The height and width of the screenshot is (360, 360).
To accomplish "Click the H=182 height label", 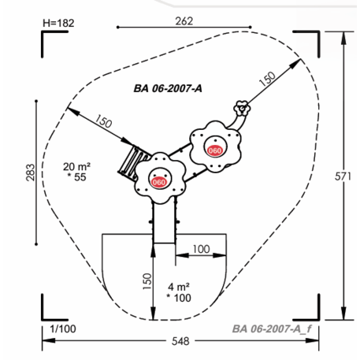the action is (x=58, y=23).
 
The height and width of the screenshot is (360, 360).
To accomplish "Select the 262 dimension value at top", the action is (x=184, y=21).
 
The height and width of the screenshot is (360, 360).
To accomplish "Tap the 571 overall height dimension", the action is (x=343, y=176).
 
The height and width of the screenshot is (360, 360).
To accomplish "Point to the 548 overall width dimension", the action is (x=180, y=341).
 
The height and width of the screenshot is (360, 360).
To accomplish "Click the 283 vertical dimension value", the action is (x=31, y=173).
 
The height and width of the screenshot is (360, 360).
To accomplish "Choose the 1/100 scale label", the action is (x=63, y=328).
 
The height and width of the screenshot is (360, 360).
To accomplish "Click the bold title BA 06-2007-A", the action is (x=168, y=88).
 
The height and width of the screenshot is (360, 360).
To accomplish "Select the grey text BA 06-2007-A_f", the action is (x=272, y=328).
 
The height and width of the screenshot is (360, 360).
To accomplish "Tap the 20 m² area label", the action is (x=76, y=167).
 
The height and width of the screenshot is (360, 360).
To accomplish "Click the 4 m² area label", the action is (x=179, y=287).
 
